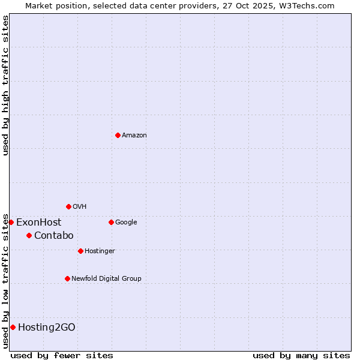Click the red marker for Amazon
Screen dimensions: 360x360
118,135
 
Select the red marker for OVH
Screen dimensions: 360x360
68,206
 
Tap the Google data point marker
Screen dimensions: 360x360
111,222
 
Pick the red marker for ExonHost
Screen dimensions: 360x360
11,222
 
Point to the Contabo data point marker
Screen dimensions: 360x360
29,235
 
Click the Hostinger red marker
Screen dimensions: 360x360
80,251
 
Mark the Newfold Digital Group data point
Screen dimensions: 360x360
67,278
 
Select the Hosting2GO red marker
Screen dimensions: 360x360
13,327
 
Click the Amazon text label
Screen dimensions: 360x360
134,136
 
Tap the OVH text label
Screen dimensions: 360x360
80,207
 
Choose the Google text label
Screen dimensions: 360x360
126,223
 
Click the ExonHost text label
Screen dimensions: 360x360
38,223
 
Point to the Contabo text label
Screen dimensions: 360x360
53,236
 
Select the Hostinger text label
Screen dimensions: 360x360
100,251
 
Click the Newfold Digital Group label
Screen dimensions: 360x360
106,279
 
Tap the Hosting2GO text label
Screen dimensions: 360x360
47,328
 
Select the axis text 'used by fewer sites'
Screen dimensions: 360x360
62,355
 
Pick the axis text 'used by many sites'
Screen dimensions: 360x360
301,355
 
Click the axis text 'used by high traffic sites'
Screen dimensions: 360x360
5,85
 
